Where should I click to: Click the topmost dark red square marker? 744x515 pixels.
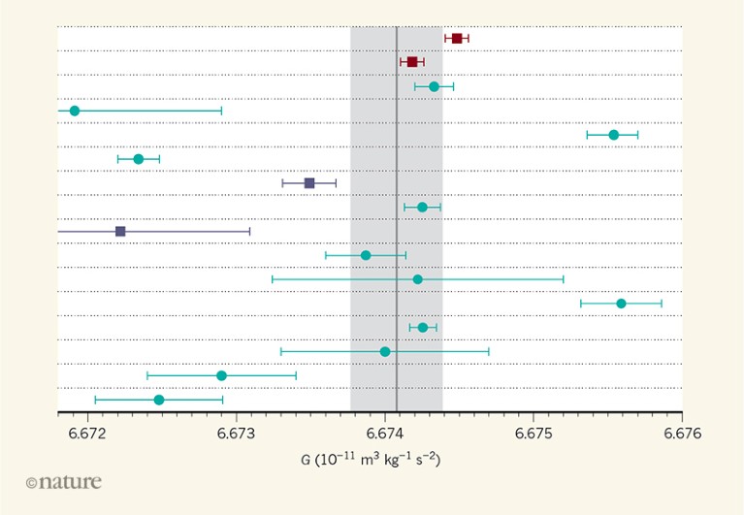point(457,38)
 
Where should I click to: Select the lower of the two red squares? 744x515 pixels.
point(412,62)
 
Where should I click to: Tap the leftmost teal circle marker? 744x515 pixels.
point(75,111)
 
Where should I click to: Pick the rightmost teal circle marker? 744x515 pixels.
point(621,304)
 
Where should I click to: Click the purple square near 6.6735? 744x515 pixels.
point(309,182)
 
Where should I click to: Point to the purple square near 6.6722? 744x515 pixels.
point(120,231)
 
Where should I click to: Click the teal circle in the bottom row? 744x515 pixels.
point(159,400)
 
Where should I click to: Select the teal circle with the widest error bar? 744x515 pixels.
point(417,279)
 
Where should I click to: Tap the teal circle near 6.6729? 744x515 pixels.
point(221,375)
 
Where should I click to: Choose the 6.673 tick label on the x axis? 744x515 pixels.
point(236,433)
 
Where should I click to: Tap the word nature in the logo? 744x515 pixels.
point(70,482)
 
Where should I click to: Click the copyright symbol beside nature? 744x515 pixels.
point(31,483)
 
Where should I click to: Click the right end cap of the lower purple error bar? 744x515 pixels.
point(250,231)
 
